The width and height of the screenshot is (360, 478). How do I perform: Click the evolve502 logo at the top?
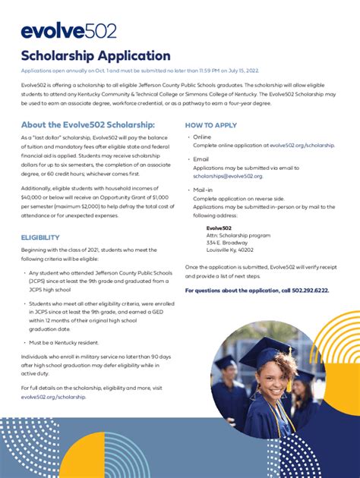(69, 31)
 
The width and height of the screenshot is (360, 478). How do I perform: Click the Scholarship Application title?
(96, 55)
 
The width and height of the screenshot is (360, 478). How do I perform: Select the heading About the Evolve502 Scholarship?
(88, 124)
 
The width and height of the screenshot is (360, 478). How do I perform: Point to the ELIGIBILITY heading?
(40, 237)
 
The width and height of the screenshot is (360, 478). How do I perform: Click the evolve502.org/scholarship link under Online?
(302, 144)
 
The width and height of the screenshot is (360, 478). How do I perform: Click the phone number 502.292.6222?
(308, 290)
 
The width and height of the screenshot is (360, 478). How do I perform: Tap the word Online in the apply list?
(202, 137)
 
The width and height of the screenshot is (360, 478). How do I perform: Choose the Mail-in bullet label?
(203, 190)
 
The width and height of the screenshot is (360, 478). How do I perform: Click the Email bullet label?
(201, 159)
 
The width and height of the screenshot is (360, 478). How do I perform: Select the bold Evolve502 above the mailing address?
(219, 228)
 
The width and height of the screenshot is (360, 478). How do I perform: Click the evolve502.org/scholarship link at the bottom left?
(53, 397)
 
